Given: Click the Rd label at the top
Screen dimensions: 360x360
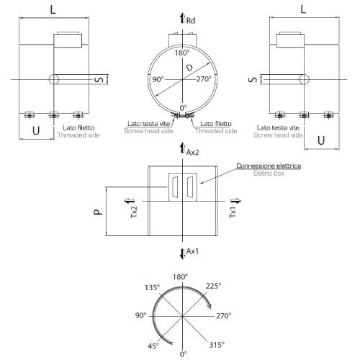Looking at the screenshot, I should tap(190, 22).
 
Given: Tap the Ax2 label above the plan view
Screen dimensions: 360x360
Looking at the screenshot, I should tap(192, 153).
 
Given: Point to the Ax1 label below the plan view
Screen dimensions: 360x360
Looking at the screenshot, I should tap(192, 251).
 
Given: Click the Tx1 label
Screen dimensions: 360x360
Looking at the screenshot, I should tap(233, 210).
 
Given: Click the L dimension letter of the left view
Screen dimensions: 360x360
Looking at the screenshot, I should tap(54, 9).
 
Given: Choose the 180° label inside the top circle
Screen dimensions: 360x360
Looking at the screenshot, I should tap(183, 53).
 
